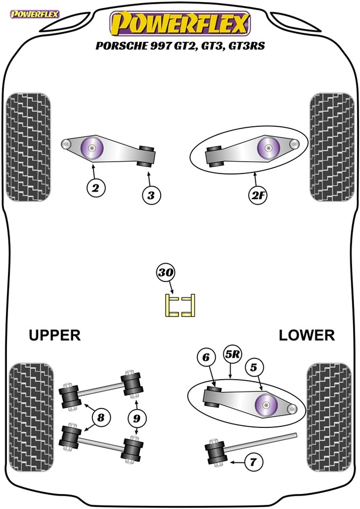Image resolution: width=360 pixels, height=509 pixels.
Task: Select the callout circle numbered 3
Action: click(x=151, y=196)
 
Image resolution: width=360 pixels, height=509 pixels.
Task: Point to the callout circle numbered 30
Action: click(x=167, y=273)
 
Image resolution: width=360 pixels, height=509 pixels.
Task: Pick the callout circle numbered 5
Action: click(x=255, y=368)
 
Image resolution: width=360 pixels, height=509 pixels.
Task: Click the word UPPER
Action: click(x=55, y=336)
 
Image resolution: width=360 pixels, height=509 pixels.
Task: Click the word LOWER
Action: click(x=306, y=336)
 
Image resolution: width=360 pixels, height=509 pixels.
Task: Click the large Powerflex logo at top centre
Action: click(x=180, y=24)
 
